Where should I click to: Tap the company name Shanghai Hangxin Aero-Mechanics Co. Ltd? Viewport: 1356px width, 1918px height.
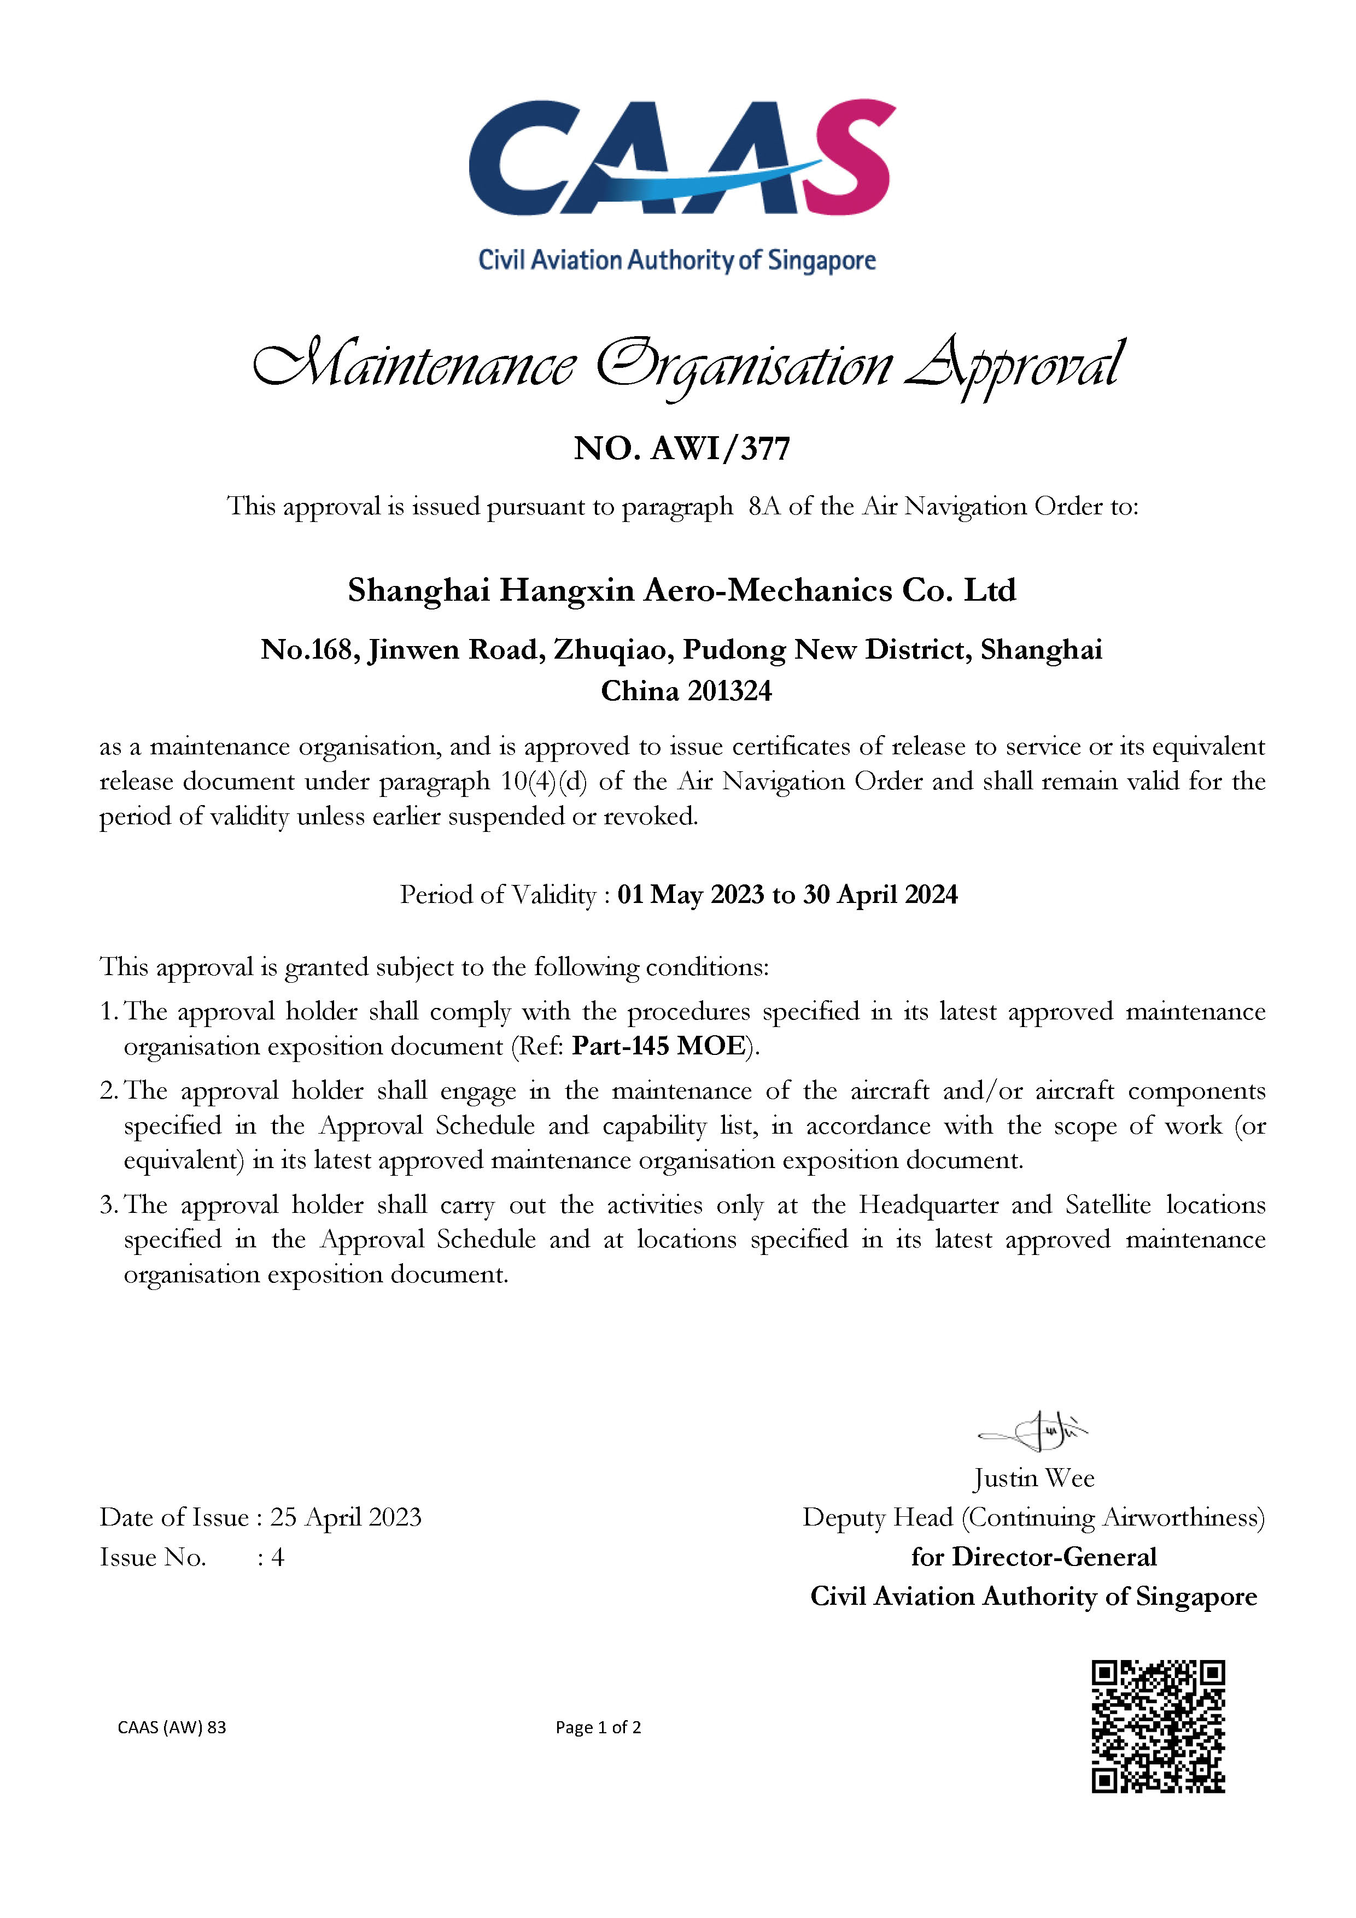[682, 591]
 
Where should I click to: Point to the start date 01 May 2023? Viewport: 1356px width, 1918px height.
[690, 895]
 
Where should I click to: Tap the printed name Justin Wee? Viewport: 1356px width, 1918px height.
[1033, 1478]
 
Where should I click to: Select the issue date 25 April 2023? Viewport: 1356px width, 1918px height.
[345, 1517]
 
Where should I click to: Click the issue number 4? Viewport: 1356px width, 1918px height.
[277, 1557]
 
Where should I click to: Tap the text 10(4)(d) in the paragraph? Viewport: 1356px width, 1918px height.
[544, 781]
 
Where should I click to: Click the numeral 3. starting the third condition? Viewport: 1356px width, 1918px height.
[109, 1205]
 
